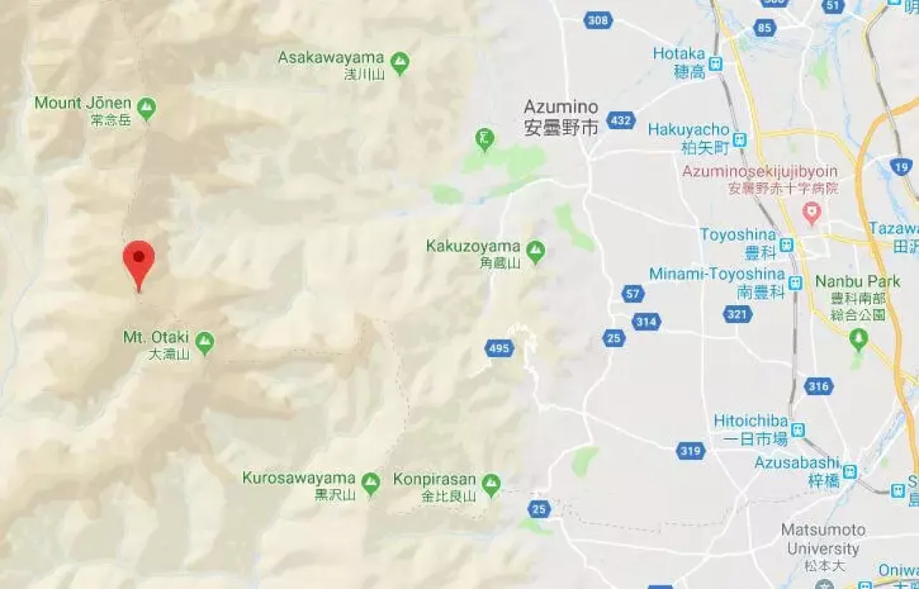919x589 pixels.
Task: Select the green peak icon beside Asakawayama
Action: (x=400, y=62)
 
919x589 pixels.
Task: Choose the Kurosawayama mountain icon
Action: (x=370, y=483)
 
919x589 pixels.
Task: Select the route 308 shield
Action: (x=598, y=20)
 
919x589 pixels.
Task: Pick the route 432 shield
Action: (x=621, y=120)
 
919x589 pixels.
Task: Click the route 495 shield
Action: (x=498, y=349)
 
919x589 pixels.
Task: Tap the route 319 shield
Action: (x=690, y=451)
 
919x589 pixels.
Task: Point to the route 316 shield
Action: (x=818, y=386)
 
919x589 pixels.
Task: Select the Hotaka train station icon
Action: (x=716, y=64)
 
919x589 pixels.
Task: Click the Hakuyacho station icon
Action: (x=740, y=139)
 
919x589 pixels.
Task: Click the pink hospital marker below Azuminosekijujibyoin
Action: (x=811, y=212)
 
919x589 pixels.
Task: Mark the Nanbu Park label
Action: (x=857, y=282)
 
